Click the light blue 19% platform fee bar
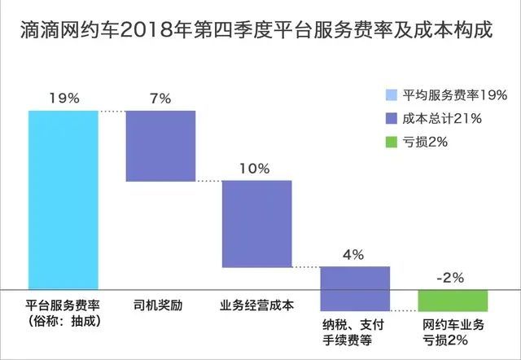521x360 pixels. point(63,200)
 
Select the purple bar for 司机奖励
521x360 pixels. point(160,146)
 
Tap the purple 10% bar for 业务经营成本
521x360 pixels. point(257,223)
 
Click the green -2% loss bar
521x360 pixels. point(452,299)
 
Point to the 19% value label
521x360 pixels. point(63,99)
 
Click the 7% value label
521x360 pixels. point(160,99)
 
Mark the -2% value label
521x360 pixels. point(450,278)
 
